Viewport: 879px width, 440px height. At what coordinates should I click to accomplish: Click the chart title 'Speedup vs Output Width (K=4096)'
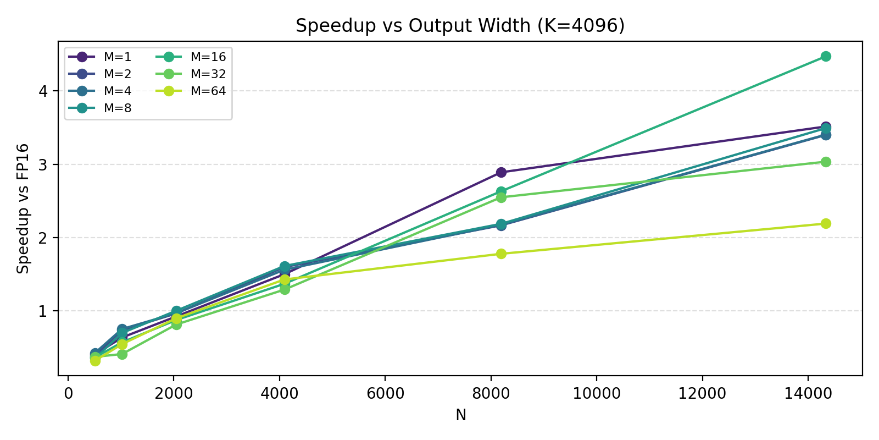[460, 26]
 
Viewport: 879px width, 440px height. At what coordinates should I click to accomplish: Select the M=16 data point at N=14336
[825, 57]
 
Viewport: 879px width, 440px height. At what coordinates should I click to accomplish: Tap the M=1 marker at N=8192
[500, 172]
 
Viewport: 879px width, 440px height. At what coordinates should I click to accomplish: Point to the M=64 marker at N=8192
[500, 254]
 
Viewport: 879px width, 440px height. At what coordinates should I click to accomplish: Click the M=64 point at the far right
[825, 223]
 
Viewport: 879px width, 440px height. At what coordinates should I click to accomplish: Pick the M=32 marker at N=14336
[825, 162]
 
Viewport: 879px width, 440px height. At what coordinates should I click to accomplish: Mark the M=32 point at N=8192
[500, 197]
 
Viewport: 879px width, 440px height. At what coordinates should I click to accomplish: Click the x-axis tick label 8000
[491, 394]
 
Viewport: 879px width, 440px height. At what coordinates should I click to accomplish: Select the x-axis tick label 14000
[808, 394]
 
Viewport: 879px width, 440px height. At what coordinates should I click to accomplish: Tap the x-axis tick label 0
[68, 394]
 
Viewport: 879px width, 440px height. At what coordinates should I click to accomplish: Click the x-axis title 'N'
[460, 415]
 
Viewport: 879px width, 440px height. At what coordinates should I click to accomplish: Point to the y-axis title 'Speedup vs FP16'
[23, 208]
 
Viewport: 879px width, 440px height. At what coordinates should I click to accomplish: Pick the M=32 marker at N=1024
[122, 354]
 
